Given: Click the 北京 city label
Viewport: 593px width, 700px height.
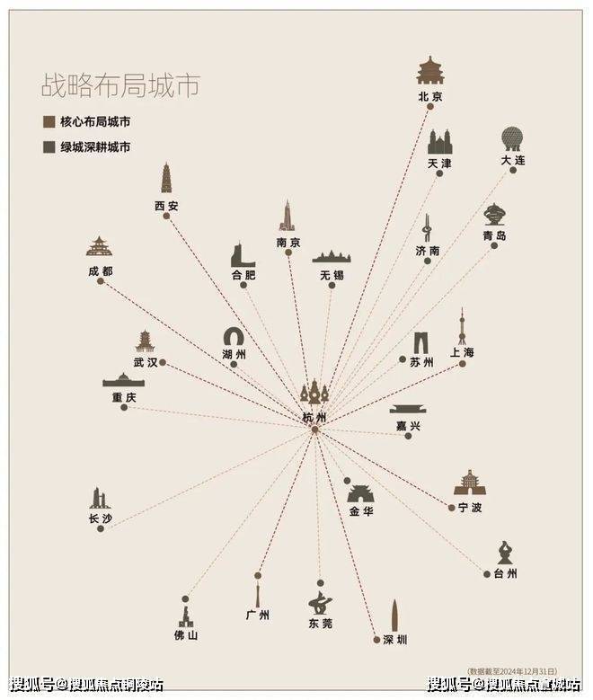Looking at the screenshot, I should click(430, 95).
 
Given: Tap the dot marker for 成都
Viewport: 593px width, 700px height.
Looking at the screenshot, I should click(101, 281).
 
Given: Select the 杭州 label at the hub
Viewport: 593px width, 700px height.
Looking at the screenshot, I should click(314, 418).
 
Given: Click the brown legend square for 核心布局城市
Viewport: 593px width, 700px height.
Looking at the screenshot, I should click(48, 121).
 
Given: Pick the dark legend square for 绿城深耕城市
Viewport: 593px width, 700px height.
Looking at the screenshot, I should click(48, 146).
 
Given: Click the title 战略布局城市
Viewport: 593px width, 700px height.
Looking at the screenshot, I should click(119, 86).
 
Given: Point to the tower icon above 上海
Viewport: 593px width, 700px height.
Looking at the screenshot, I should click(462, 326).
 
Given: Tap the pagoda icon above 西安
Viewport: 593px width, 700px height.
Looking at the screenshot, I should click(166, 178).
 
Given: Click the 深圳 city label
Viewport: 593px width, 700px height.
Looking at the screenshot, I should click(395, 639).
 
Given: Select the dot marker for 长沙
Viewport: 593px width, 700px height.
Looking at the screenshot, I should click(101, 528).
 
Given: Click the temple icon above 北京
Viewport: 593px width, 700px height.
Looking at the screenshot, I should click(431, 70).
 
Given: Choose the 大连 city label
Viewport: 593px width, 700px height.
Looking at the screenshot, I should click(513, 160).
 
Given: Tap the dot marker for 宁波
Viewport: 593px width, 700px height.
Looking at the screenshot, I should click(451, 508).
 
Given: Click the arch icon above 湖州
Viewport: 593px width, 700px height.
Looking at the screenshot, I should click(235, 338).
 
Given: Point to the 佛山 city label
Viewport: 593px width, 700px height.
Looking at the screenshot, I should click(186, 634).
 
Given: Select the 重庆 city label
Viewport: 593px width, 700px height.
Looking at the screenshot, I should click(124, 397).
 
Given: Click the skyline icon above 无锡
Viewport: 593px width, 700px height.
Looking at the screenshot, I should click(331, 256).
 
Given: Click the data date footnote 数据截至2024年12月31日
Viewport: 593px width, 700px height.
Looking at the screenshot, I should click(511, 670).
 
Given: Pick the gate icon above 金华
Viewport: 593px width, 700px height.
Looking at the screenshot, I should click(360, 492).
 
